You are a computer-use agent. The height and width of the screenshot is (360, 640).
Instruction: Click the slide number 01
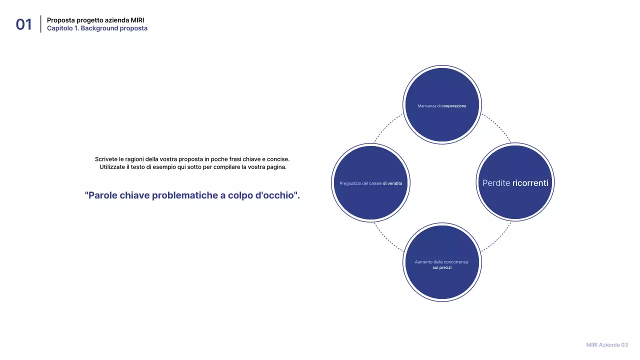(23, 24)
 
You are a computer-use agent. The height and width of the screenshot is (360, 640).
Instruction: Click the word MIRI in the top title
(137, 20)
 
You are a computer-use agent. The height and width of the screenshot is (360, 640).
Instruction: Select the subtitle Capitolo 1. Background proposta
(97, 28)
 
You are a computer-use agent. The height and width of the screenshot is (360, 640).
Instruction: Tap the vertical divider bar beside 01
(40, 24)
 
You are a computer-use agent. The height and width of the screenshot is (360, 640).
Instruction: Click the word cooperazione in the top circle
(453, 106)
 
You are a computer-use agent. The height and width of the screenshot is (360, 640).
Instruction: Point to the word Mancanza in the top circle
(426, 106)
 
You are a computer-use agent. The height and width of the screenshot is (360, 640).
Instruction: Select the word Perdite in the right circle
(496, 183)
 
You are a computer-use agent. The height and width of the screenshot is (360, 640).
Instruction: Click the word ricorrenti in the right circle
(530, 183)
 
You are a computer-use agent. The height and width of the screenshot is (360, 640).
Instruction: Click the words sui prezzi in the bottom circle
(442, 268)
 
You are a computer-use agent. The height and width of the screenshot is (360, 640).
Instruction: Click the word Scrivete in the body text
(106, 159)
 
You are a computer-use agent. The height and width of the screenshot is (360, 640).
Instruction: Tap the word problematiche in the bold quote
(184, 195)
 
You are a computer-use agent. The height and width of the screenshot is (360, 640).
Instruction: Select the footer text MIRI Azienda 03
(606, 345)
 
